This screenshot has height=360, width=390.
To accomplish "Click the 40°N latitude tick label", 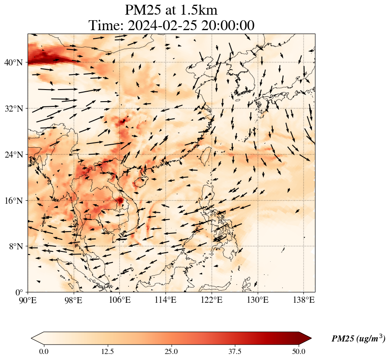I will pyautogui.click(x=14, y=62).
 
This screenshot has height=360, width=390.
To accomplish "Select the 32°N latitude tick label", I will pyautogui.click(x=14, y=109).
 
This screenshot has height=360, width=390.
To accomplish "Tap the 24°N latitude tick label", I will pyautogui.click(x=14, y=154).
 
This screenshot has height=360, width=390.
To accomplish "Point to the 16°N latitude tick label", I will pyautogui.click(x=14, y=200).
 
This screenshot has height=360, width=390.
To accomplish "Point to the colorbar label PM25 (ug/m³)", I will pyautogui.click(x=358, y=339).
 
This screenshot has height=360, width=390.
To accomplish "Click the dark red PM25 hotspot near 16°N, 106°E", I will pyautogui.click(x=120, y=200).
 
